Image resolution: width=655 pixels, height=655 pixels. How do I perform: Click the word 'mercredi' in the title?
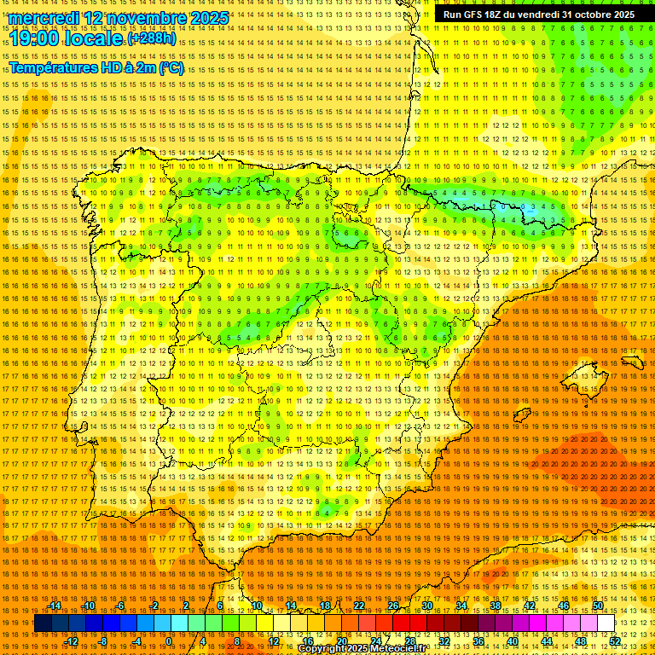point(45,18)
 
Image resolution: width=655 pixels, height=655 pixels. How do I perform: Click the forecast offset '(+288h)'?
point(152,39)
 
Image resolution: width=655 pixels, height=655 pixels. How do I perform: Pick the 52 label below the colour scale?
point(615,641)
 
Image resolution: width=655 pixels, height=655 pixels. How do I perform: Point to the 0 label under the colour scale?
point(170,641)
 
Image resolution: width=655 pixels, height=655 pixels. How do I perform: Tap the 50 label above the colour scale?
point(598,606)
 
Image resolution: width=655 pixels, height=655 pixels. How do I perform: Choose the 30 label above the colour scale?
point(426,606)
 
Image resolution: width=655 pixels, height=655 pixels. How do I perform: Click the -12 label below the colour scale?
point(72,641)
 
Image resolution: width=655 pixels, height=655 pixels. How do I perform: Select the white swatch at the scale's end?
point(606,623)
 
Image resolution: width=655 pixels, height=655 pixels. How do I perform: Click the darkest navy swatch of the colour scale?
point(43,623)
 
